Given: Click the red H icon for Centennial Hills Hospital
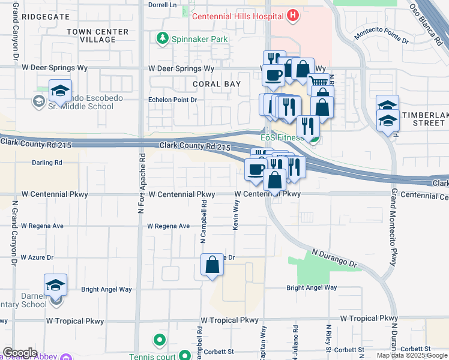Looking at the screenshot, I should point(293,16).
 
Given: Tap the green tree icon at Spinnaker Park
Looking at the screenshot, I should point(161,39).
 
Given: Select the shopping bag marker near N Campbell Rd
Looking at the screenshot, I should point(212,266).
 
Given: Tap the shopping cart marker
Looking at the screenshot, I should point(319,83).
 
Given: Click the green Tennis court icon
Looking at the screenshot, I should point(159,341).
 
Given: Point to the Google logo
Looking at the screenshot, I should point(20,353).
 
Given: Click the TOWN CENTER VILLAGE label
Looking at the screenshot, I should point(98,35).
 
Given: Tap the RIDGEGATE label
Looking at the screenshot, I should point(46,17).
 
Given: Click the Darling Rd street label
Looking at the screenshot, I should point(47,163).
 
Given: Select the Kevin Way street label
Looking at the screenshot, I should point(236,213).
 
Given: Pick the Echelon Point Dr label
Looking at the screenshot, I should point(173,100).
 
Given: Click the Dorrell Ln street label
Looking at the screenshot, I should point(164,4).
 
